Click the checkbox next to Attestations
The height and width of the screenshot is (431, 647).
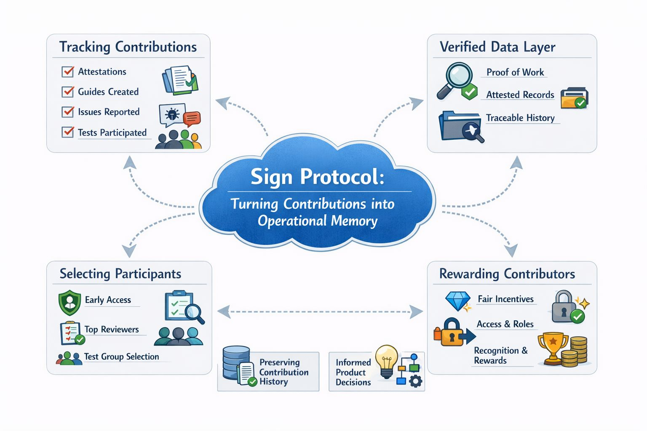click(67, 72)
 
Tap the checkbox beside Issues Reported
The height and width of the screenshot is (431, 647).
click(67, 112)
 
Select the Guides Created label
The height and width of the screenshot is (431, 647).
click(108, 92)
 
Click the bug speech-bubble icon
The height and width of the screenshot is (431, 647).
click(172, 114)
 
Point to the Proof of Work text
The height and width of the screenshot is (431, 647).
click(515, 72)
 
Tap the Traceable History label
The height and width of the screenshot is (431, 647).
click(520, 118)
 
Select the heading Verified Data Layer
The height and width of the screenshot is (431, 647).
click(497, 47)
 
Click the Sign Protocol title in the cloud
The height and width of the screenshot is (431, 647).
click(317, 176)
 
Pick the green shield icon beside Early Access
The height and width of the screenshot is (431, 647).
click(70, 302)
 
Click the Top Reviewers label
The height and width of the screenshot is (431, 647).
click(112, 330)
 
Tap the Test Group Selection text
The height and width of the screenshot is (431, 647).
click(121, 357)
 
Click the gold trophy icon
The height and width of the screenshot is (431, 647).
click(553, 348)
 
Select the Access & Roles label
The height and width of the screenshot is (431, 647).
click(505, 324)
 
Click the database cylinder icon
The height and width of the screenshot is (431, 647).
click(236, 362)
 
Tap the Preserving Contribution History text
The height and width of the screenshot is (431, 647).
click(283, 372)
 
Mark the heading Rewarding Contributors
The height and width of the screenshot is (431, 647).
click(507, 274)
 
